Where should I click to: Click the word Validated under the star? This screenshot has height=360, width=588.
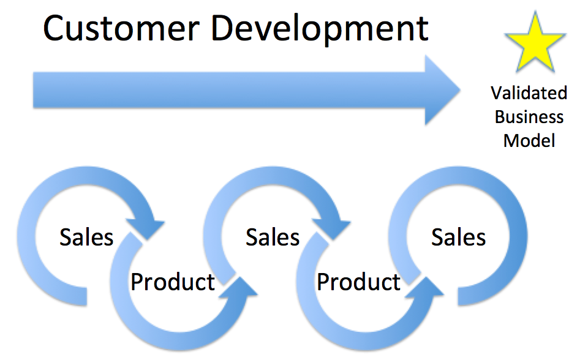coord(529,93)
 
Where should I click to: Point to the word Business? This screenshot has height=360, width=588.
coord(529,117)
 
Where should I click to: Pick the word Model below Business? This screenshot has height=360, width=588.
coord(529,141)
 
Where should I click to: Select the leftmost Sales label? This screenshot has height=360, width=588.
coord(86,237)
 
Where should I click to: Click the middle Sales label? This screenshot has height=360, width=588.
coord(273,237)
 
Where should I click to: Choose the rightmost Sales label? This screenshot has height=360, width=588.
coord(458,237)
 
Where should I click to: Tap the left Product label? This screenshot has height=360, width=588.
coord(173,282)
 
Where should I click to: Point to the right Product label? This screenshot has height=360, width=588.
coord(358,282)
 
